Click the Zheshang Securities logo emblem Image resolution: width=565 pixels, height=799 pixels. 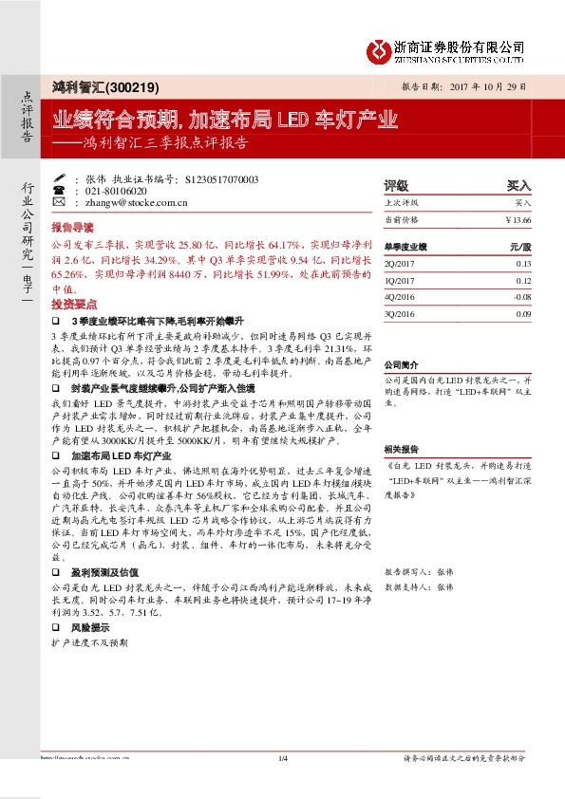tap(379, 48)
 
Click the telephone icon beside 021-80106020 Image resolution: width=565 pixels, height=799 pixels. tap(59, 190)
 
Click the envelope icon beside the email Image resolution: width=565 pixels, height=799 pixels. tap(59, 202)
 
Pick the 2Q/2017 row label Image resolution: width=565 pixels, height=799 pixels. tap(398, 264)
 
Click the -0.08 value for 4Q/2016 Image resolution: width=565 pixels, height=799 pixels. tap(521, 296)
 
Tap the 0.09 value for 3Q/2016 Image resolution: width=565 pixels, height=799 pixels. tap(523, 312)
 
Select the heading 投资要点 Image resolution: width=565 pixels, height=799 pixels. tap(74, 305)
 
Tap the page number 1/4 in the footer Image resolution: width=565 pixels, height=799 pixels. tap(282, 757)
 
